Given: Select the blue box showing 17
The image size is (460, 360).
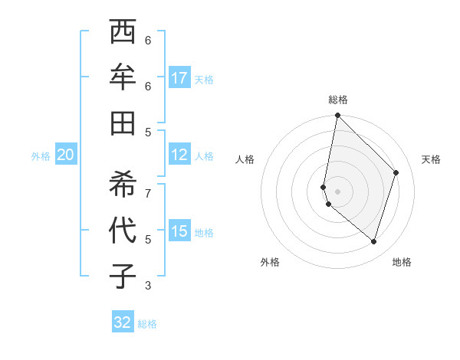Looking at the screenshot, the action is (179, 78).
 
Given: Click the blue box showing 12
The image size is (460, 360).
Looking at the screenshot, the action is (179, 155).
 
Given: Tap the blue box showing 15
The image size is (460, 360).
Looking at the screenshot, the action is (179, 231).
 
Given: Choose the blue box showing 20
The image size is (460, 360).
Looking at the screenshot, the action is (66, 155).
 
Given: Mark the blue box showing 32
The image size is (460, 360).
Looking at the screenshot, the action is (123, 322).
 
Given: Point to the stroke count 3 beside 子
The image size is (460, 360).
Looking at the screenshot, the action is (148, 286).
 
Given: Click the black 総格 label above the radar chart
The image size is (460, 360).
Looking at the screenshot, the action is (338, 100).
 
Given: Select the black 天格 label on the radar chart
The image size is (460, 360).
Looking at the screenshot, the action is (431, 159).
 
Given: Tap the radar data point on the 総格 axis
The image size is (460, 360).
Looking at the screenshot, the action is (337, 116).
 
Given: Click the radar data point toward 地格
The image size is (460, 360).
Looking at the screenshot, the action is (373, 241).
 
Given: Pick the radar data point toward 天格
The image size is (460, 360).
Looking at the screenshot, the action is (396, 172).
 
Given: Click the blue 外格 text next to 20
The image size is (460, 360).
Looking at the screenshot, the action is (41, 155).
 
